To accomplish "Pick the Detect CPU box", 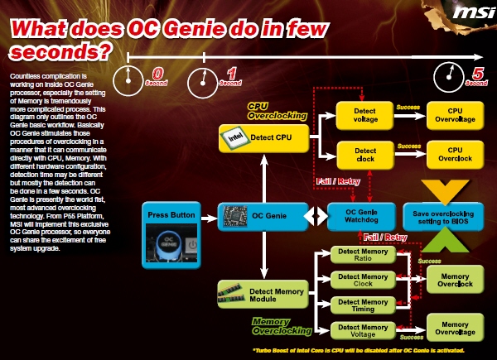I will [x=264, y=137].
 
